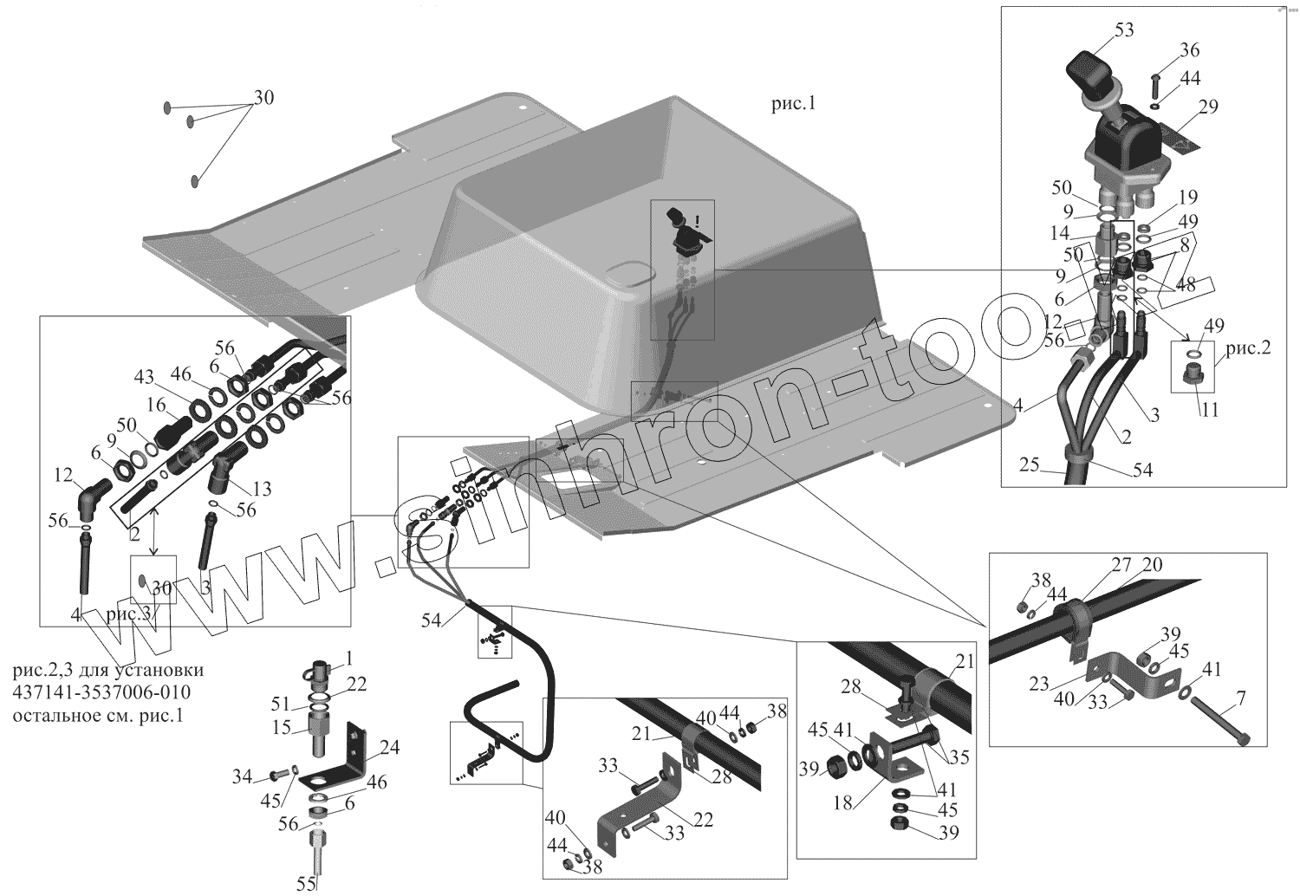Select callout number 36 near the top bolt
tap(1189, 49)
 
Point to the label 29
tap(1208, 107)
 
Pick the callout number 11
tap(1209, 409)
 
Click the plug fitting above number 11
tap(1190, 377)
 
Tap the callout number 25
tap(1029, 465)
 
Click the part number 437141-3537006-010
tap(103, 692)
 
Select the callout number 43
tap(144, 378)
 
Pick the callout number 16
tap(156, 406)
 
